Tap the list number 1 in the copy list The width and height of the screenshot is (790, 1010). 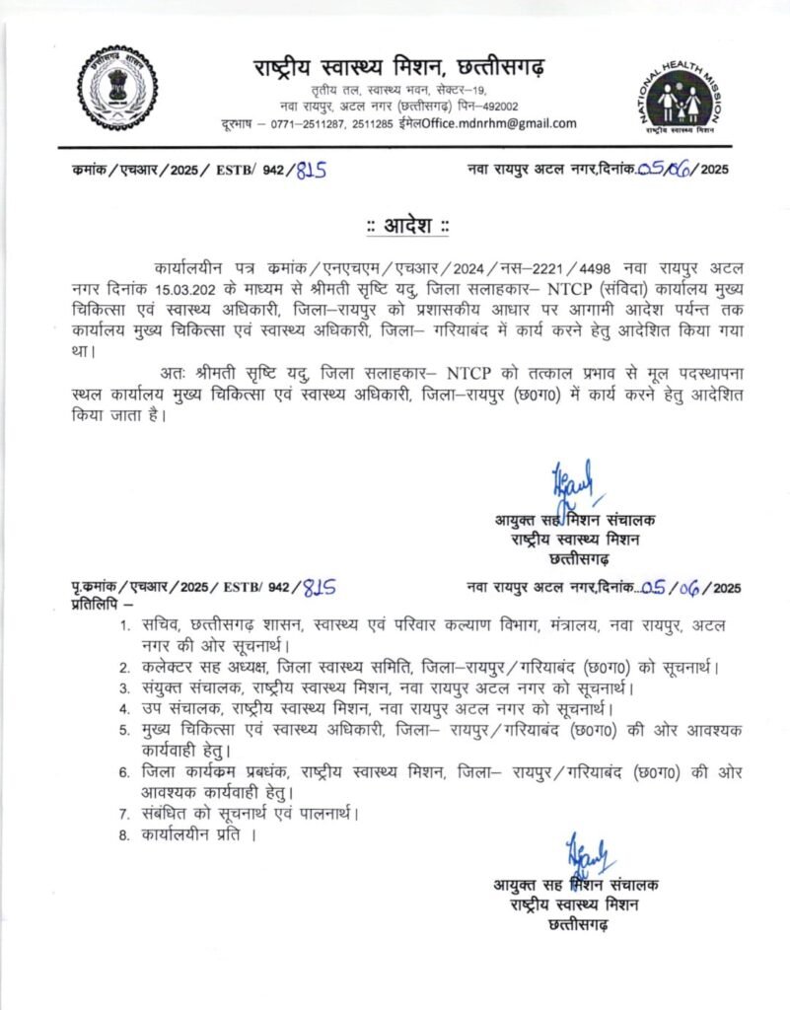tap(124, 626)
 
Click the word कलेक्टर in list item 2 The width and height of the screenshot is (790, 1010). tap(169, 668)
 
